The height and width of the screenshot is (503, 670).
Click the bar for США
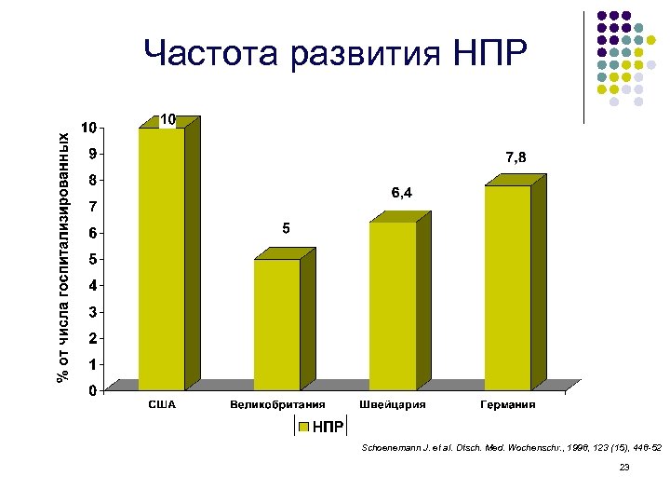[162, 258]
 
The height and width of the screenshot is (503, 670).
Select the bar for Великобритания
[277, 323]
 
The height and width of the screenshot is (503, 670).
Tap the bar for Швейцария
[393, 305]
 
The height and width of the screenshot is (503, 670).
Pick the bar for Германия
[508, 287]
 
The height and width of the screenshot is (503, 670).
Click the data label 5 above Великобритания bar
[287, 228]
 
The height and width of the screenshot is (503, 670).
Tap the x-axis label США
[162, 405]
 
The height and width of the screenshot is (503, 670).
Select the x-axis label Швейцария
[393, 405]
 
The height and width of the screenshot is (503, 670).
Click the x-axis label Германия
[508, 405]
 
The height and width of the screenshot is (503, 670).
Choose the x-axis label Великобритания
[277, 405]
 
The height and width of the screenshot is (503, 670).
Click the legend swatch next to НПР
[302, 427]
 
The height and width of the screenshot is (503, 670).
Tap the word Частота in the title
[211, 56]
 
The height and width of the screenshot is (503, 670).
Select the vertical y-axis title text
[63, 256]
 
